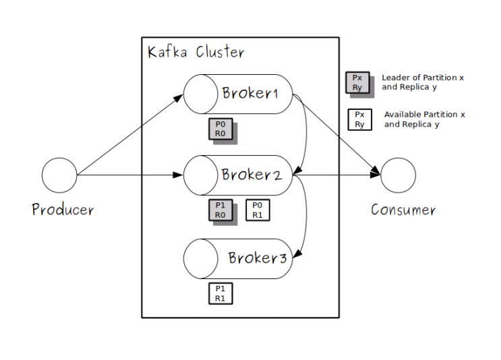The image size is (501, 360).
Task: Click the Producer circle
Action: [59, 175]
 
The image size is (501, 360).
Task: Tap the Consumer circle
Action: [398, 175]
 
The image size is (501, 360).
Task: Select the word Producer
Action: [63, 210]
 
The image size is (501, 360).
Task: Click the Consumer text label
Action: [403, 210]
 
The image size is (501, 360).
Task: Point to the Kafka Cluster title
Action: [196, 52]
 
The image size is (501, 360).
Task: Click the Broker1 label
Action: [250, 93]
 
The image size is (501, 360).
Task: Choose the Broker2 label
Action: [252, 175]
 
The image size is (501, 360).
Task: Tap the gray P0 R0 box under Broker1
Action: [220, 129]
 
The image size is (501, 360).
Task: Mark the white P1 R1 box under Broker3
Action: [220, 293]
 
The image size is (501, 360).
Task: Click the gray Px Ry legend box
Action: [357, 82]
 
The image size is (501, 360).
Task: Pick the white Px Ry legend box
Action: [359, 119]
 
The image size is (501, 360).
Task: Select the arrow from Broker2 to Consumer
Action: [337, 175]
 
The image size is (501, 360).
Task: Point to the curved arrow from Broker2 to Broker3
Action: [307, 216]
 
